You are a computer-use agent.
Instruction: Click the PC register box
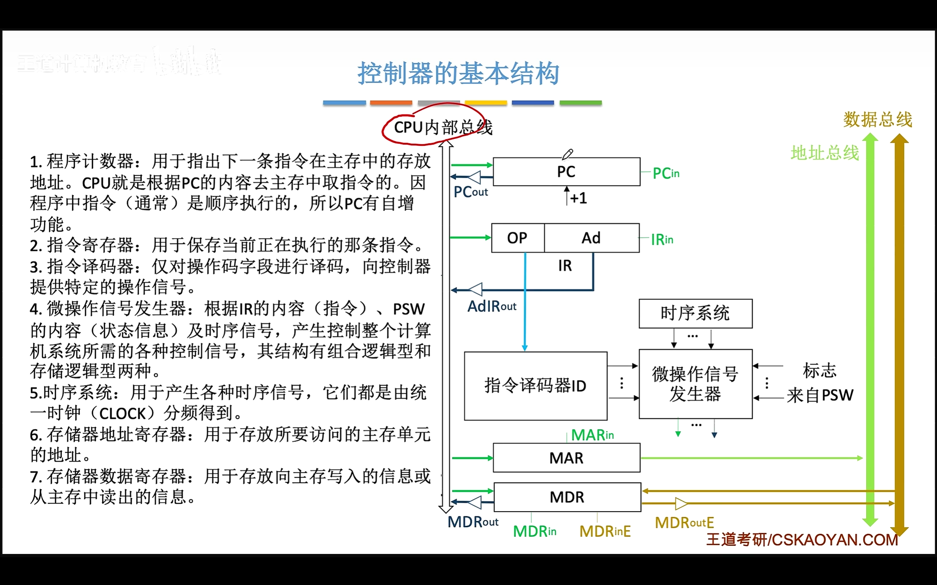tap(566, 171)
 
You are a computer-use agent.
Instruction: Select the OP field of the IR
tap(517, 238)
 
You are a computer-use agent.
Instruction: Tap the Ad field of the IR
tap(591, 238)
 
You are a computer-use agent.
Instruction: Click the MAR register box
tap(566, 458)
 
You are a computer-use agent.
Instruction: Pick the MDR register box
tap(567, 497)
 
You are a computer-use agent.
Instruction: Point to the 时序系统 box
tap(695, 313)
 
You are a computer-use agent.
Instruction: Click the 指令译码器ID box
tap(535, 386)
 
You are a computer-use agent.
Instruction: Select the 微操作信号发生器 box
tap(695, 384)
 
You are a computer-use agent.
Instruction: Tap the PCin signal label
tap(665, 173)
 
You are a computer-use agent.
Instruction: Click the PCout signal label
tap(470, 192)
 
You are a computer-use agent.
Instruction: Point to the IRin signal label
tap(662, 239)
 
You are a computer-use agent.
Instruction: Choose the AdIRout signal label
tap(492, 306)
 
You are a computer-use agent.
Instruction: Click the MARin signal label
tap(592, 435)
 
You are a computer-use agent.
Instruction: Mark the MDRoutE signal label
tap(684, 523)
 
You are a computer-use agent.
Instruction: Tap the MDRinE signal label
tap(605, 531)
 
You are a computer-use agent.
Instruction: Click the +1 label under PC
tap(578, 198)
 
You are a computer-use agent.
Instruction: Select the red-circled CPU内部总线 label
tap(443, 127)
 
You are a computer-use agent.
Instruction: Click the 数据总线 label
tap(877, 119)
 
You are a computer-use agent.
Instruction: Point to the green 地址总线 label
tap(824, 153)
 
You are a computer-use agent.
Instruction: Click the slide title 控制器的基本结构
tap(458, 73)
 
